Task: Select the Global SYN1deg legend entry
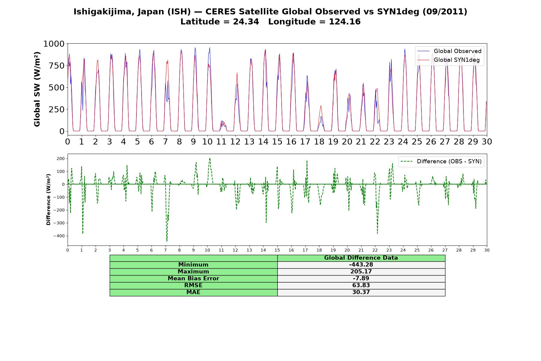(449, 60)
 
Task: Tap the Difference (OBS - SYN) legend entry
(441, 162)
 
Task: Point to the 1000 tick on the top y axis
(54, 44)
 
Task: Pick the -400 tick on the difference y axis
(59, 236)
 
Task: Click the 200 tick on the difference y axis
(61, 159)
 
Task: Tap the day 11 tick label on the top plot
(221, 141)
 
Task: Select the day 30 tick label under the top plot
(487, 141)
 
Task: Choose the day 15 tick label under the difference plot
(277, 250)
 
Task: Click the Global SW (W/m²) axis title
(37, 89)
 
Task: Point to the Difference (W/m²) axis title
(48, 199)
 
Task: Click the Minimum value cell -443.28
(361, 265)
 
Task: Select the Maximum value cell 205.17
(361, 272)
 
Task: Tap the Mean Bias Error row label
(193, 279)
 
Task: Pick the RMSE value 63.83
(361, 285)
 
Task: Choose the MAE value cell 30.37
(361, 292)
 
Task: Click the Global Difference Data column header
(361, 258)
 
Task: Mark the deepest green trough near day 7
(167, 241)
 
